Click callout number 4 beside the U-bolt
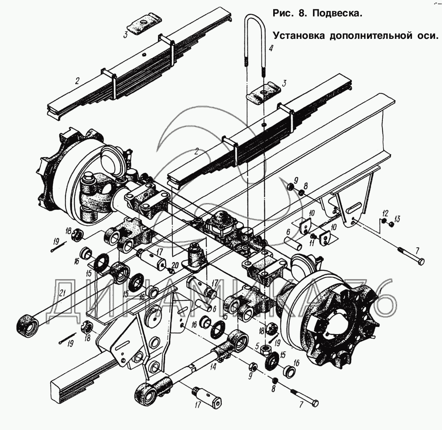[271, 51]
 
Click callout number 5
[257, 346]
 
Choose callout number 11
[311, 243]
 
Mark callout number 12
[385, 213]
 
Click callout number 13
[397, 219]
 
